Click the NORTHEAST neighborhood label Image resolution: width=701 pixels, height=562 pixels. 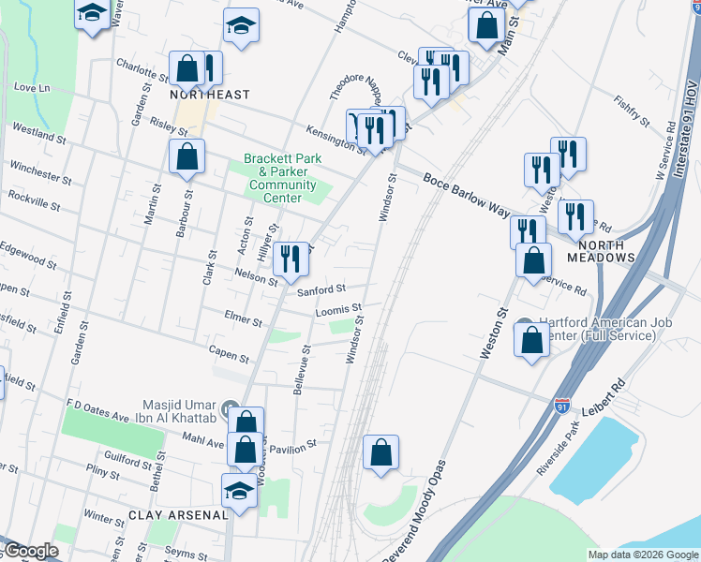tap(210, 95)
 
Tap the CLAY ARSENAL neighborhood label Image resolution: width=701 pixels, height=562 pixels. tap(178, 515)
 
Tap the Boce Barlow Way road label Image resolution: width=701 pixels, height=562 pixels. tap(466, 193)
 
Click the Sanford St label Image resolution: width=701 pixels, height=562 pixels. tap(321, 290)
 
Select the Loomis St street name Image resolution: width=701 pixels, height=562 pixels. tap(337, 309)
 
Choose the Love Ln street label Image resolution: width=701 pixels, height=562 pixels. tap(32, 88)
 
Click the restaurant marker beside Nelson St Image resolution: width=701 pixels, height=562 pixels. tap(291, 259)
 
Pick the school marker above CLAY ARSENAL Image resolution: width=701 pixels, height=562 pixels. tap(238, 490)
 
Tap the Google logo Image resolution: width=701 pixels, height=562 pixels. tap(30, 552)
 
